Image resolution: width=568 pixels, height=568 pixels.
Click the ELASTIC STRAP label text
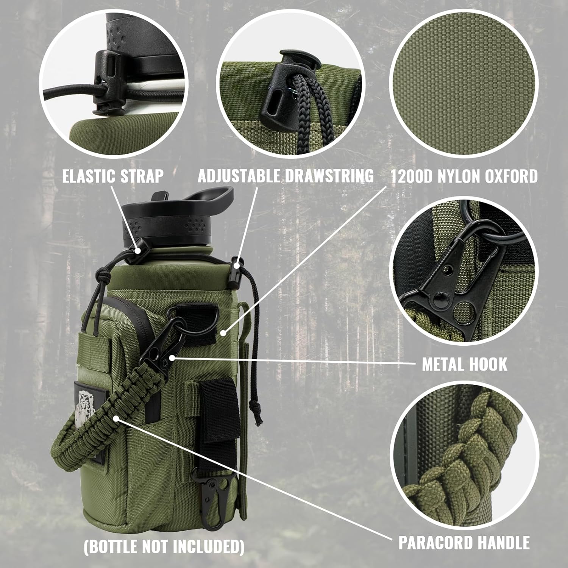point(113,176)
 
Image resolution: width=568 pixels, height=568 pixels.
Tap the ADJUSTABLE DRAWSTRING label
point(286,176)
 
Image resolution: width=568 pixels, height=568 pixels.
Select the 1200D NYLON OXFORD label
point(464,176)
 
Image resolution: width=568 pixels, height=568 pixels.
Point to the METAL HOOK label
point(465,364)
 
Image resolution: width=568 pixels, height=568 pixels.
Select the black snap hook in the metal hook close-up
point(445,280)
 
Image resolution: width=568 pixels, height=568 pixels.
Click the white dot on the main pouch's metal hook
point(173,357)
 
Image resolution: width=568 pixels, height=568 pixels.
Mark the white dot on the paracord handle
point(119,418)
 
